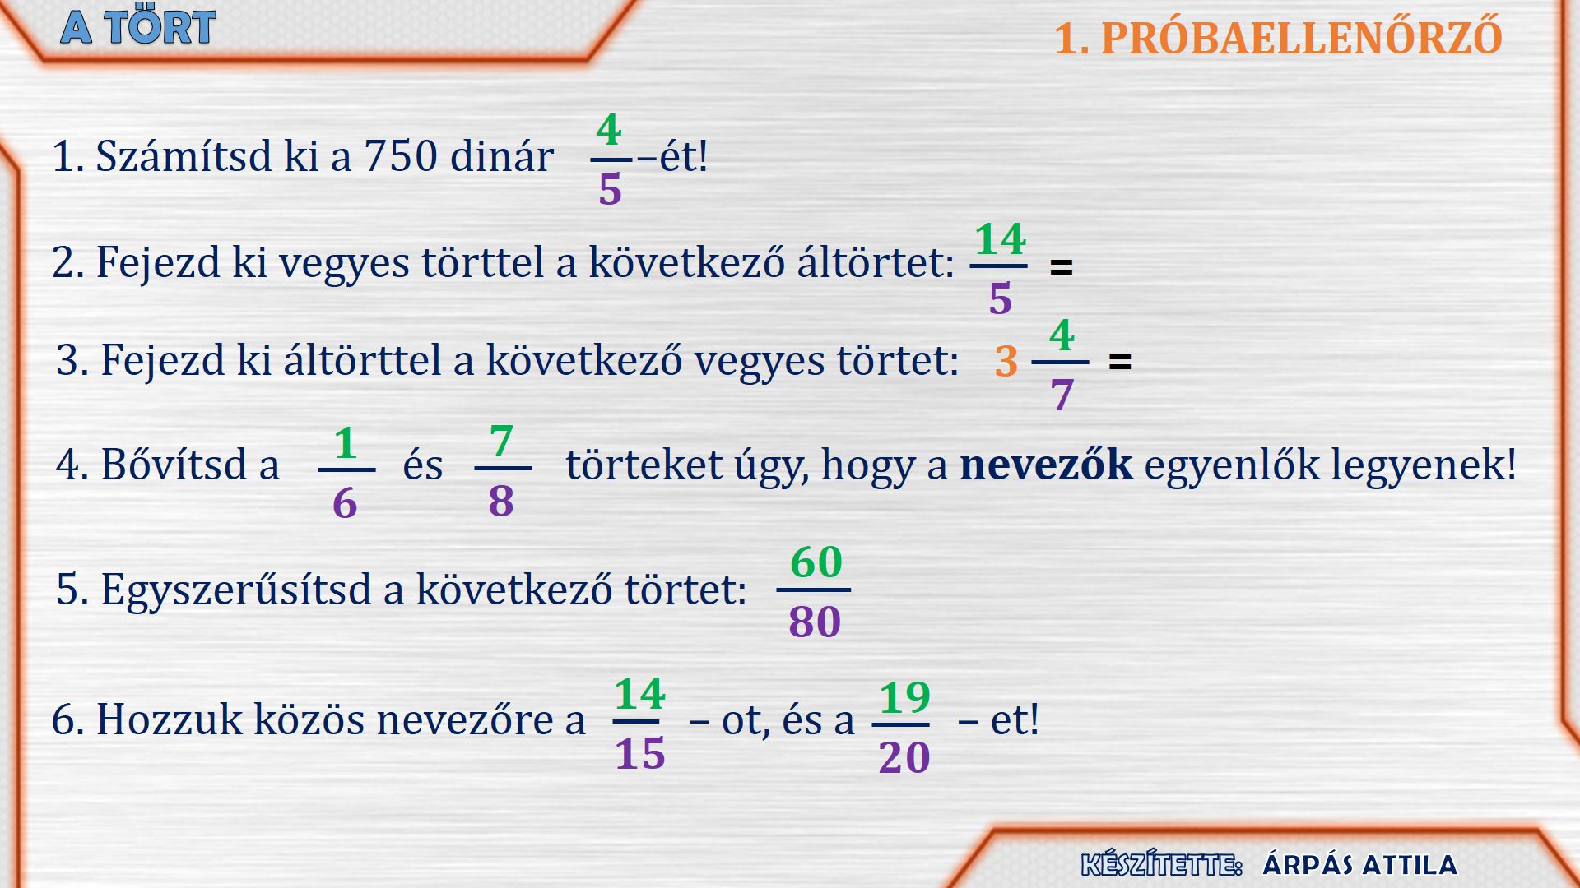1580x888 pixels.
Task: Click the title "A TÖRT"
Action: point(138,27)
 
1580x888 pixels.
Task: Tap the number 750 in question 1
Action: point(401,155)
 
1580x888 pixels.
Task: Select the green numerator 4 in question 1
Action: point(609,130)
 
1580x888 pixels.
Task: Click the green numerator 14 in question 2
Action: point(1000,239)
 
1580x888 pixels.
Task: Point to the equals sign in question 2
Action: point(1062,267)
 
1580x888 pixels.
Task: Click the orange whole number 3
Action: point(1006,362)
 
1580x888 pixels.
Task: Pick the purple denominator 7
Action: point(1062,395)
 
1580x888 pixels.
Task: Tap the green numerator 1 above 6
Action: point(346,443)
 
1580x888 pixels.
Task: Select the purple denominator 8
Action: point(501,501)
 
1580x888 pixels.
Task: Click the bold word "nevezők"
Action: point(1046,465)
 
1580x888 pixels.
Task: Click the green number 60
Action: point(816,562)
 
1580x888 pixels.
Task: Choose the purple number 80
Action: point(815,622)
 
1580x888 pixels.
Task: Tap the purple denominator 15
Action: point(640,753)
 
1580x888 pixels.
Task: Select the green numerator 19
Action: point(904,698)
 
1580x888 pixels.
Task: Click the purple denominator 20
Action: point(904,757)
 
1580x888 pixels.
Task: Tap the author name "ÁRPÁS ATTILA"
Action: point(1359,864)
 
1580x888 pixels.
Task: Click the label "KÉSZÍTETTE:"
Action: point(1161,864)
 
